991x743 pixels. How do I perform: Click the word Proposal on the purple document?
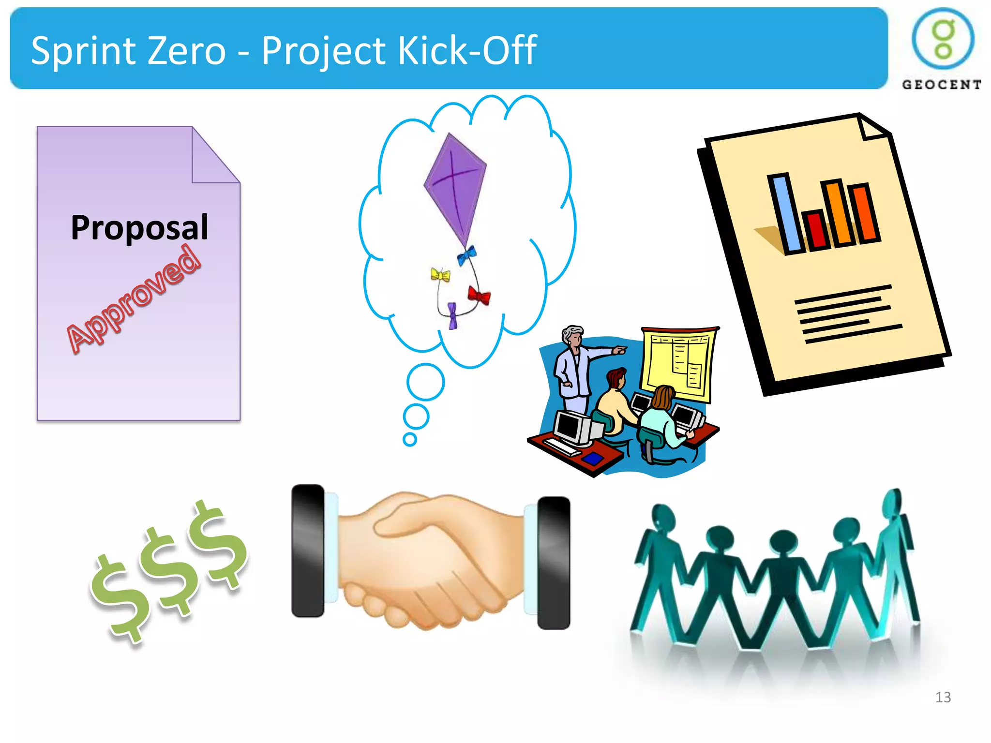[x=139, y=227]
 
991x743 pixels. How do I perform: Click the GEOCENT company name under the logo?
[x=941, y=85]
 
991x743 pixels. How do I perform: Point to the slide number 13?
[x=943, y=697]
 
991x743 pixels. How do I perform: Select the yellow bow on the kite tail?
[x=440, y=275]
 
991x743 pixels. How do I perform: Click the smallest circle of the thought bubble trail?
[x=410, y=439]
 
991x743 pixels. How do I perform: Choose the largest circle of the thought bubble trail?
[x=426, y=382]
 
